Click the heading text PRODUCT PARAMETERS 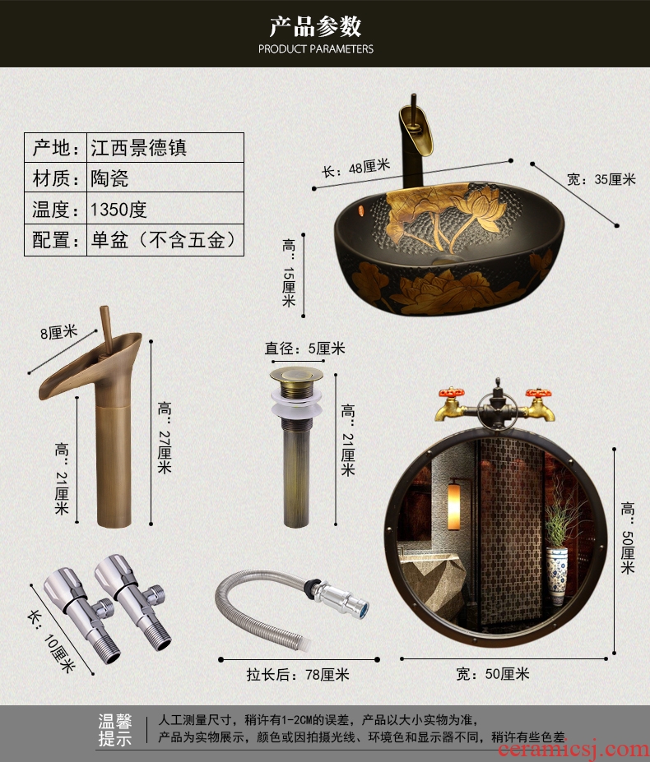pyautogui.click(x=316, y=48)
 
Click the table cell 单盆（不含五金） pyautogui.click(x=164, y=239)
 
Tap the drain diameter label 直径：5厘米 pyautogui.click(x=305, y=348)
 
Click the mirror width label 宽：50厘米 pyautogui.click(x=492, y=673)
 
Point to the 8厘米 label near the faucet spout pyautogui.click(x=59, y=333)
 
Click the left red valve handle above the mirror pyautogui.click(x=451, y=392)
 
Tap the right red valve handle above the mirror pyautogui.click(x=538, y=393)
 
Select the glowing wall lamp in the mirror pyautogui.click(x=453, y=505)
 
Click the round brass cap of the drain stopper pyautogui.click(x=296, y=374)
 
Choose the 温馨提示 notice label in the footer pyautogui.click(x=115, y=730)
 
